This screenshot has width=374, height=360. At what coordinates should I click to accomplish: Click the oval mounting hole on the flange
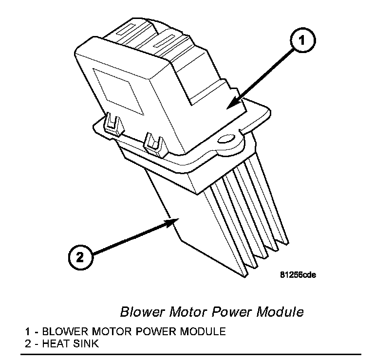pos(226,141)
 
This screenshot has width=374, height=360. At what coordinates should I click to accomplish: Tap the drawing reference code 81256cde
pos(298,275)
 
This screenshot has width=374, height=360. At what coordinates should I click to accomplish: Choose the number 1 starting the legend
pos(27,332)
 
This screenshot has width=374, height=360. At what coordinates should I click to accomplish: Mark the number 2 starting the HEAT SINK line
pos(27,344)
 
